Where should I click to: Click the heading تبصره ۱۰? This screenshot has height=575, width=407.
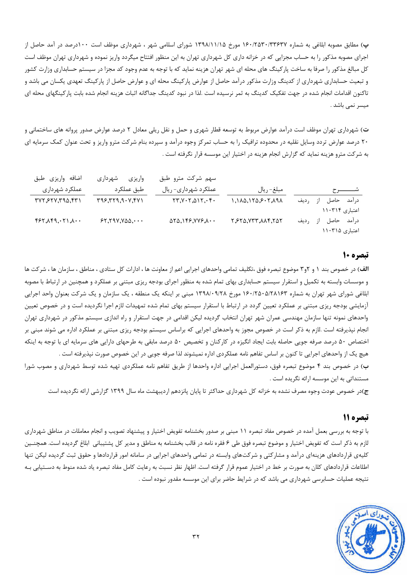pyautogui.click(x=356, y=255)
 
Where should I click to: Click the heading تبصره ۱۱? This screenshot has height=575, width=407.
pyautogui.click(x=356, y=417)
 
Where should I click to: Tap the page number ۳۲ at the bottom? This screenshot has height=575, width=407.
pyautogui.click(x=196, y=536)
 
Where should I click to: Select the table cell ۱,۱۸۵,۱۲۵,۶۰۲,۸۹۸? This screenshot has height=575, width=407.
pyautogui.click(x=257, y=201)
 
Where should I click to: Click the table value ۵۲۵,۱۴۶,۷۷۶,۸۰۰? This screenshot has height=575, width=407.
pyautogui.click(x=192, y=221)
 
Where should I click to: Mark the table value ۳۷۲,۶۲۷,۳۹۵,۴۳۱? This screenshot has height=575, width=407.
pyautogui.click(x=58, y=201)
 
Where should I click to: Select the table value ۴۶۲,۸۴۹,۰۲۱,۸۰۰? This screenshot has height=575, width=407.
pyautogui.click(x=58, y=221)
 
